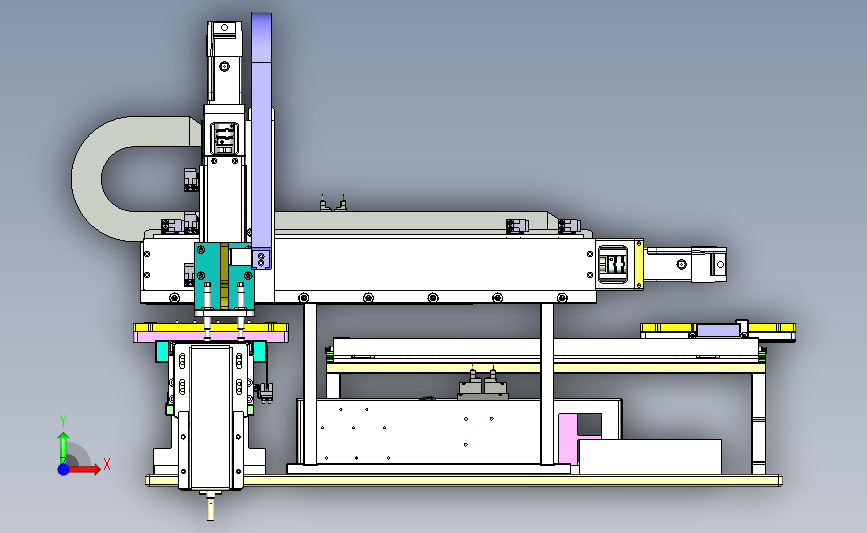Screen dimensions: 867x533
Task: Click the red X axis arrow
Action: (83, 469)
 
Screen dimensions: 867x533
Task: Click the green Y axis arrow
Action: (63, 448)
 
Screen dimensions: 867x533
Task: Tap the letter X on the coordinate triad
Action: (107, 464)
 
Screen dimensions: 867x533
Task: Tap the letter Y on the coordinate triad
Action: (63, 421)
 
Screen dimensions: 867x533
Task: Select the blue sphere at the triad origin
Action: (63, 469)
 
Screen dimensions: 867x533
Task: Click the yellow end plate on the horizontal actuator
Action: (639, 264)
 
